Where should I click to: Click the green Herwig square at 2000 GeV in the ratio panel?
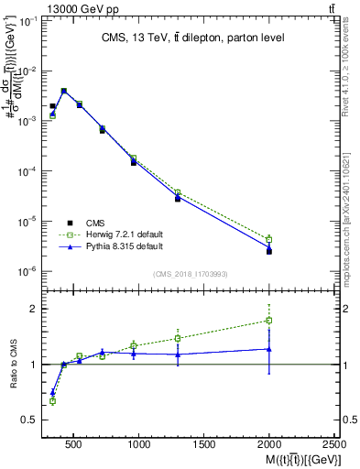click(269, 321)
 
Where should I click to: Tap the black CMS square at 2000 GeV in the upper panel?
click(269, 251)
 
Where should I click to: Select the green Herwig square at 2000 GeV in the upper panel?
click(269, 239)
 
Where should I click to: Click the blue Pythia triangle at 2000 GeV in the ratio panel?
click(269, 349)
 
